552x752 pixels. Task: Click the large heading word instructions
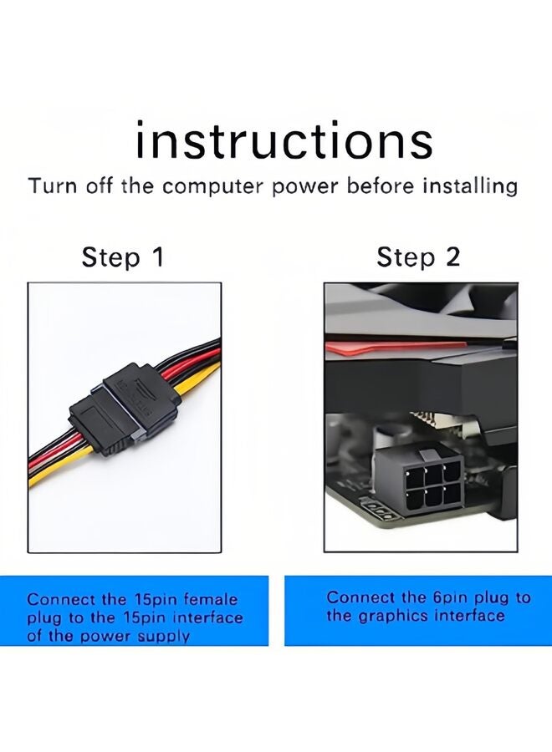point(284,140)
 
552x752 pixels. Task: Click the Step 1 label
point(123,257)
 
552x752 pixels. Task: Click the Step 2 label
point(418,257)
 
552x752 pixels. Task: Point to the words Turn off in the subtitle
point(72,185)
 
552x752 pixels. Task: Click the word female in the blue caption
point(212,599)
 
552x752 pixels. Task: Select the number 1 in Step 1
point(156,257)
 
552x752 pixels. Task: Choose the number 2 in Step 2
point(452,257)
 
